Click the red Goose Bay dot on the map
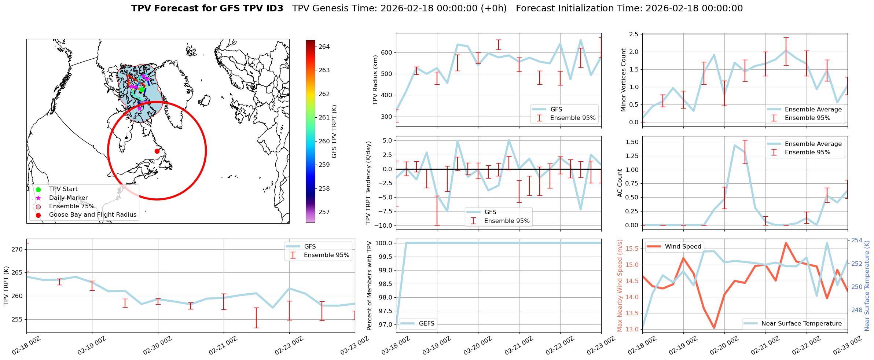point(157,151)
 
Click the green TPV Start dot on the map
point(142,89)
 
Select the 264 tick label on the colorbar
point(324,47)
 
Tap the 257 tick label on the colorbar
point(324,212)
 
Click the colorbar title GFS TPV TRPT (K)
point(334,132)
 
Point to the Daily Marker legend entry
point(68,198)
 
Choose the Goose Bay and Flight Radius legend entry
point(92,215)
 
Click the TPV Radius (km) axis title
point(375,80)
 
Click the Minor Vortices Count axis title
point(623,80)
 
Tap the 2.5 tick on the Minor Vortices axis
point(634,34)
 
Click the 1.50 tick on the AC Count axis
point(632,142)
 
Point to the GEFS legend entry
point(426,323)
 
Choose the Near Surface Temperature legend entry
point(801,323)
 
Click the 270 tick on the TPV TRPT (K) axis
point(18,249)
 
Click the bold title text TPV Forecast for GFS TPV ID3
point(207,8)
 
